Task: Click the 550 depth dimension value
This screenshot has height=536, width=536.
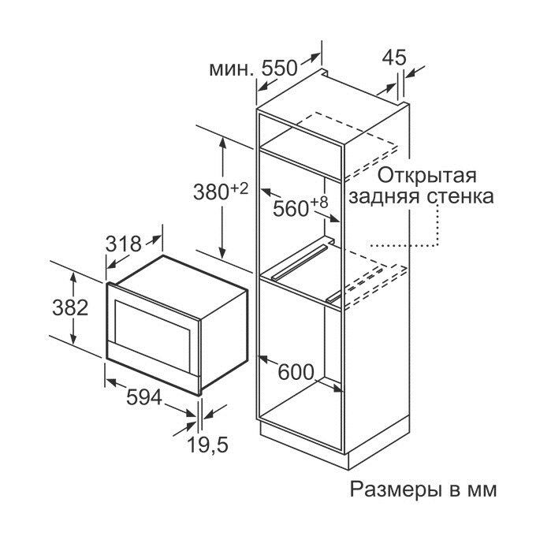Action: [279, 69]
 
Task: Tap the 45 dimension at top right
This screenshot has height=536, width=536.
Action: [394, 58]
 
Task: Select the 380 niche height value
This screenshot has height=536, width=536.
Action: [210, 192]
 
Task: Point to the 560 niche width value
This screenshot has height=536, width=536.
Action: [291, 208]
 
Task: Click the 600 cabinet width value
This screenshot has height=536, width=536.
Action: [296, 372]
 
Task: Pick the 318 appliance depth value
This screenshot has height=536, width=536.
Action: [123, 244]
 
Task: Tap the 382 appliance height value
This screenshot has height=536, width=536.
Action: [70, 307]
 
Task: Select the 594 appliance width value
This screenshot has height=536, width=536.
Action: [144, 397]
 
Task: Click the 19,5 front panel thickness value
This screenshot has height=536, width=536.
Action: [208, 445]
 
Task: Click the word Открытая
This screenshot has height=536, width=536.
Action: [427, 176]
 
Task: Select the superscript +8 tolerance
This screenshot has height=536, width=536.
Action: [319, 203]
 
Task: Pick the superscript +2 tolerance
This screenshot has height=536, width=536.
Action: [239, 188]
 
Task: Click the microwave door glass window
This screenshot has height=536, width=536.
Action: [153, 329]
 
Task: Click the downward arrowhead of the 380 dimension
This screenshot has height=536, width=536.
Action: [223, 254]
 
